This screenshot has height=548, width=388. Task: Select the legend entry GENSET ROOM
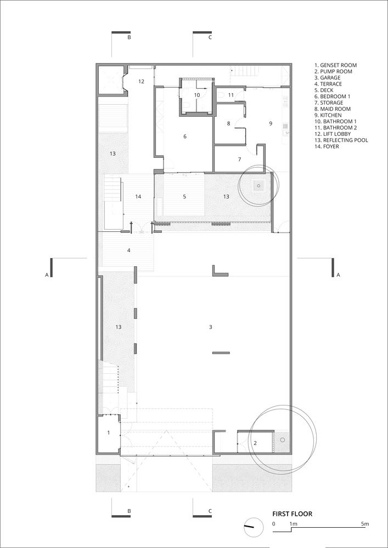[x=335, y=65]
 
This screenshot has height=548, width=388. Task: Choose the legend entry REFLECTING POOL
[x=341, y=140]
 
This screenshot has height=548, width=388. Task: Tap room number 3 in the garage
[x=210, y=327]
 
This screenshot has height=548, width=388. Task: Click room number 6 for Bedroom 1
[x=185, y=136]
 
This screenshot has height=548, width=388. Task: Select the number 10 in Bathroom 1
[x=197, y=95]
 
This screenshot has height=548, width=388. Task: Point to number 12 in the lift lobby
[x=141, y=82]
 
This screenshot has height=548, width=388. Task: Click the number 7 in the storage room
[x=239, y=159]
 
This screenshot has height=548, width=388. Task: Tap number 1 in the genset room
[x=109, y=433]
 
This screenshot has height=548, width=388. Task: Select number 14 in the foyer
[x=138, y=197]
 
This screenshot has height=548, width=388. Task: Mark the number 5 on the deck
[x=184, y=197]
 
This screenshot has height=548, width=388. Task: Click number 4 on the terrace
[x=129, y=250]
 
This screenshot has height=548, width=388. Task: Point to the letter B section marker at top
[x=129, y=37]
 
